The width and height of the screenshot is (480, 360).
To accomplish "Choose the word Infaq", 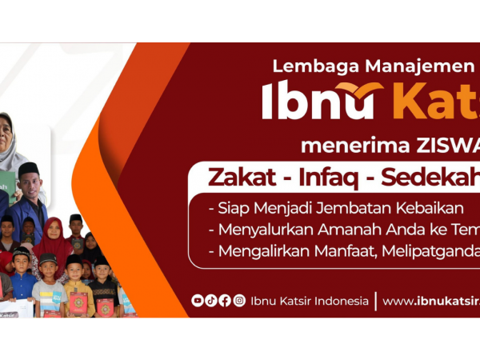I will click(x=325, y=176).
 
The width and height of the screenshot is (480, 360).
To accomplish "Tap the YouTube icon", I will click(x=198, y=301).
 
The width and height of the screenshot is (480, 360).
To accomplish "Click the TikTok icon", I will click(x=211, y=301).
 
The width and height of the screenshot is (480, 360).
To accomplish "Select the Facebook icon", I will click(x=225, y=301).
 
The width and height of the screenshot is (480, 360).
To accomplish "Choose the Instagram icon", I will click(x=239, y=301).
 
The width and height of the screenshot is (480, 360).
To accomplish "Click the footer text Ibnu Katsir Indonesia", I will click(x=310, y=301).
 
